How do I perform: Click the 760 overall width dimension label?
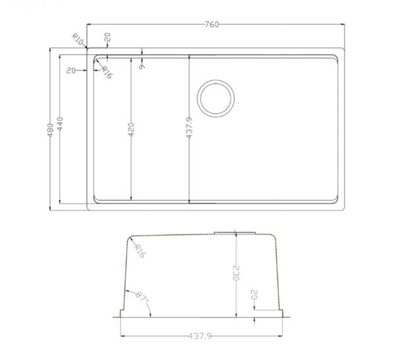pos(211,24)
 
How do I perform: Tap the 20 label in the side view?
pos(253,297)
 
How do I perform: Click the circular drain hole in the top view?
pos(215,98)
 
